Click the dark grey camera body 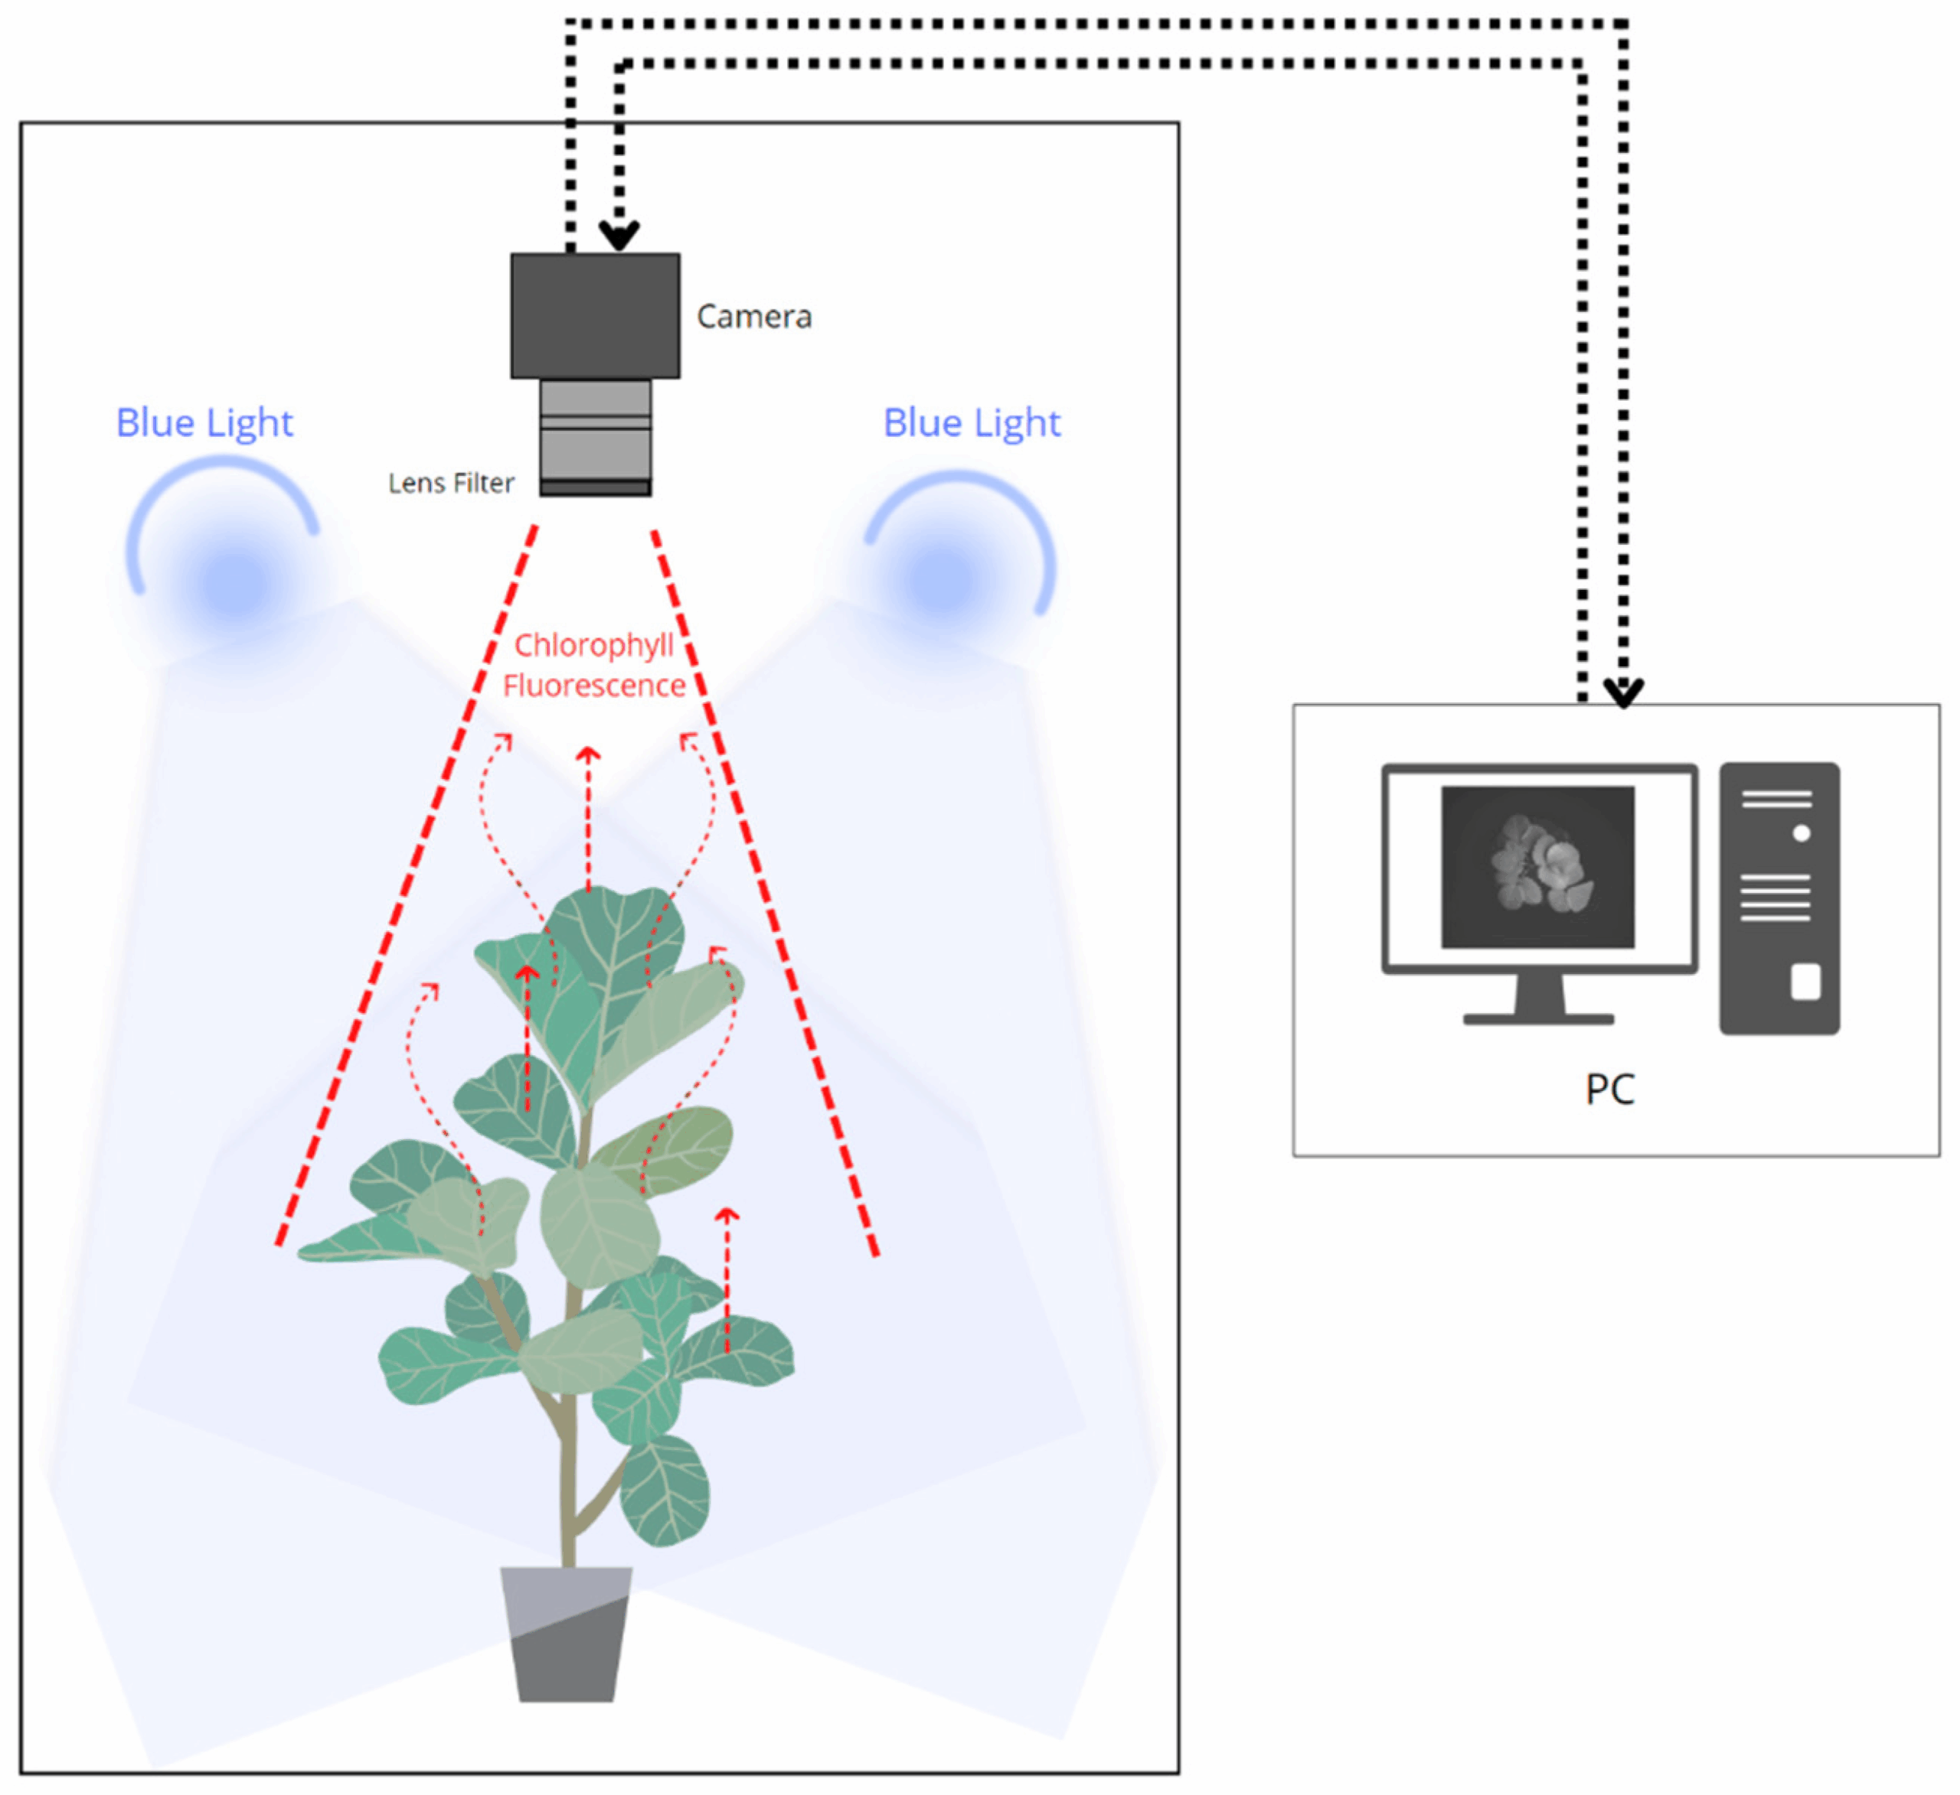click(595, 316)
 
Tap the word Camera click(753, 317)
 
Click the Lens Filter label click(450, 483)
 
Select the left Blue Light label click(204, 423)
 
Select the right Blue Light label click(972, 423)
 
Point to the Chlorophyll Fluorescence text click(594, 665)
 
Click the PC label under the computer click(1609, 1090)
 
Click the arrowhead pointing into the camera click(619, 236)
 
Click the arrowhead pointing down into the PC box click(1622, 694)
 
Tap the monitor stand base click(1538, 1018)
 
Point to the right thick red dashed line click(765, 889)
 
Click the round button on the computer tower click(1802, 833)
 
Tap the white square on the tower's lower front click(1805, 982)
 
